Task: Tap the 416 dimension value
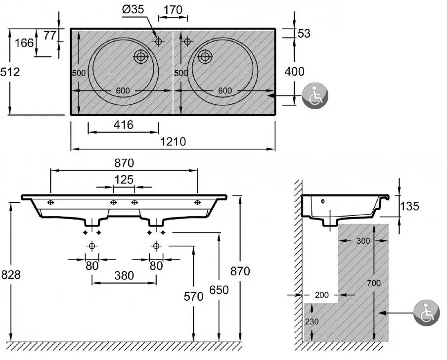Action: pyautogui.click(x=123, y=125)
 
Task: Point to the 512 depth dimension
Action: pyautogui.click(x=10, y=72)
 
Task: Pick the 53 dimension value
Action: pyautogui.click(x=304, y=33)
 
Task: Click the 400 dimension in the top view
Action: pyautogui.click(x=295, y=71)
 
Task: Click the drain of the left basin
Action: pyautogui.click(x=141, y=56)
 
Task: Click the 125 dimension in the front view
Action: pyautogui.click(x=124, y=180)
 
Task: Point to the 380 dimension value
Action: pyautogui.click(x=124, y=276)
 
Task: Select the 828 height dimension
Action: pyautogui.click(x=10, y=275)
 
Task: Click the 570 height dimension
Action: pyautogui.click(x=193, y=297)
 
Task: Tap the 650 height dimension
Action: pyautogui.click(x=219, y=290)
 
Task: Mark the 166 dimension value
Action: pyautogui.click(x=25, y=43)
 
